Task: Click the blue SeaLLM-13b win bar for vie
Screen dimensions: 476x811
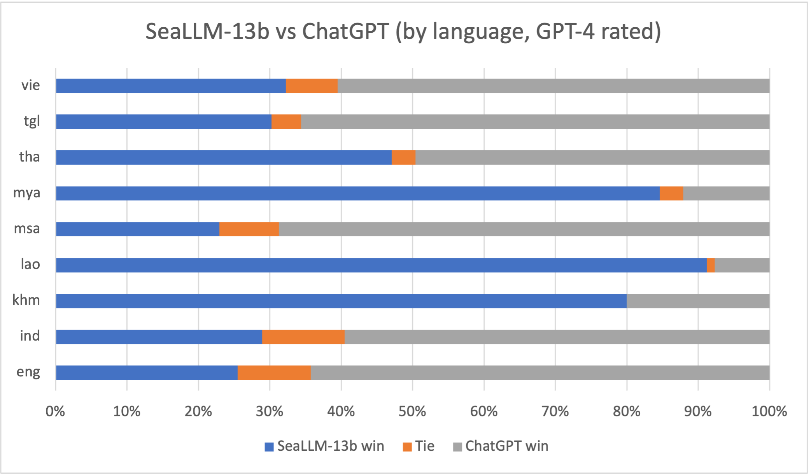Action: pos(171,86)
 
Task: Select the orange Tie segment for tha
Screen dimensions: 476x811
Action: pos(403,158)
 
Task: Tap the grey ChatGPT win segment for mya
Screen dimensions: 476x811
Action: pos(726,193)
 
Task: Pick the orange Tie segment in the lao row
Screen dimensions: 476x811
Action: pos(711,265)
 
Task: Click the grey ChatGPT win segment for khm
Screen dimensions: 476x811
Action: pos(698,301)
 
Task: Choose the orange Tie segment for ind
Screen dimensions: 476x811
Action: pos(303,337)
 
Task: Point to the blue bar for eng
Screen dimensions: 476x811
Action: pos(147,372)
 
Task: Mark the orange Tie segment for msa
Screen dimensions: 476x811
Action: pos(249,229)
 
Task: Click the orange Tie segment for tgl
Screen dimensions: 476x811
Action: pos(286,121)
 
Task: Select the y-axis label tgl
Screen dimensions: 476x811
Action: pos(32,121)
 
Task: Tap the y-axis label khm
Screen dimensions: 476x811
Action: pos(26,300)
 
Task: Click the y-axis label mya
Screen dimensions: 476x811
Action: pos(26,193)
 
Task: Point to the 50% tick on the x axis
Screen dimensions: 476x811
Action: pos(412,411)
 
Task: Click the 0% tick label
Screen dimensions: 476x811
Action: pos(55,411)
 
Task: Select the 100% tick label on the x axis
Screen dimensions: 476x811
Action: pos(769,411)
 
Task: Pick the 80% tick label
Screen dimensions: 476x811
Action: pos(626,411)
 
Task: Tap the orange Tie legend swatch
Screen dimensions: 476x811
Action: pos(407,447)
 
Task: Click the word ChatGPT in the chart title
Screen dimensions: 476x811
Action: pos(345,31)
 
